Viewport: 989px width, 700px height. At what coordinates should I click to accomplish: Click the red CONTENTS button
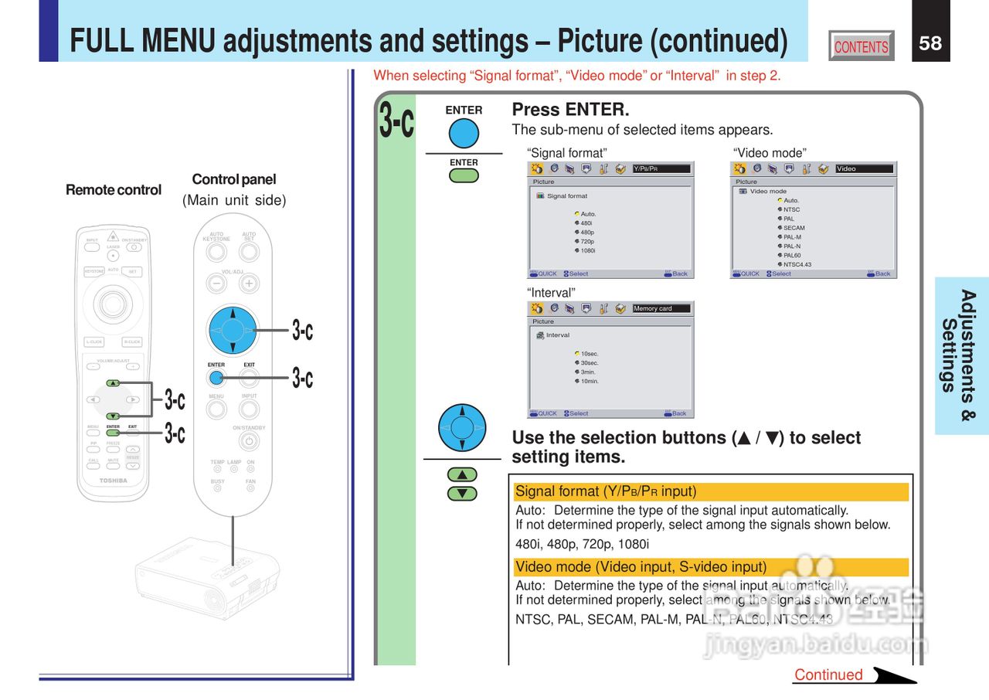pyautogui.click(x=861, y=46)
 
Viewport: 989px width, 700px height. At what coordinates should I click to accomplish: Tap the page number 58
pyautogui.click(x=930, y=42)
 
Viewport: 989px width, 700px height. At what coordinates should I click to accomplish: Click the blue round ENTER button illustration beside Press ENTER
pyautogui.click(x=464, y=133)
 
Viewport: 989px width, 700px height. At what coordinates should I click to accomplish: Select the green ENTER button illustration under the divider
pyautogui.click(x=464, y=175)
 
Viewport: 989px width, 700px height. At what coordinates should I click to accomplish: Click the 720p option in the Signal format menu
pyautogui.click(x=586, y=241)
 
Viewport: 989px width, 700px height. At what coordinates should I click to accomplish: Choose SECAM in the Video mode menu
pyautogui.click(x=794, y=228)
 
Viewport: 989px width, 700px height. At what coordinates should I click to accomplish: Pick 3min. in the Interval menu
pyautogui.click(x=587, y=372)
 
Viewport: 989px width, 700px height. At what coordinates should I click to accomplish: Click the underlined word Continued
pyautogui.click(x=828, y=675)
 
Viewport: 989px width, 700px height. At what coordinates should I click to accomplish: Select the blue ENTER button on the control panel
pyautogui.click(x=216, y=378)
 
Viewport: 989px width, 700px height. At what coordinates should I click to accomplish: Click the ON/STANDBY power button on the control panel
pyautogui.click(x=249, y=441)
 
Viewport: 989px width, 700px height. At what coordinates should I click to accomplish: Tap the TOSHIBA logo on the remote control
pyautogui.click(x=113, y=481)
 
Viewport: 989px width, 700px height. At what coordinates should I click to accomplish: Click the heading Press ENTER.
pyautogui.click(x=570, y=110)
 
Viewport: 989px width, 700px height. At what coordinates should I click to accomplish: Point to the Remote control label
pyautogui.click(x=114, y=190)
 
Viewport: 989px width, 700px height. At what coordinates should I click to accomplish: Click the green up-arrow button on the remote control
pyautogui.click(x=113, y=382)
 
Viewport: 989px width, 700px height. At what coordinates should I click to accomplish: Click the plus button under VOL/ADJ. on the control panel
pyautogui.click(x=249, y=284)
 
